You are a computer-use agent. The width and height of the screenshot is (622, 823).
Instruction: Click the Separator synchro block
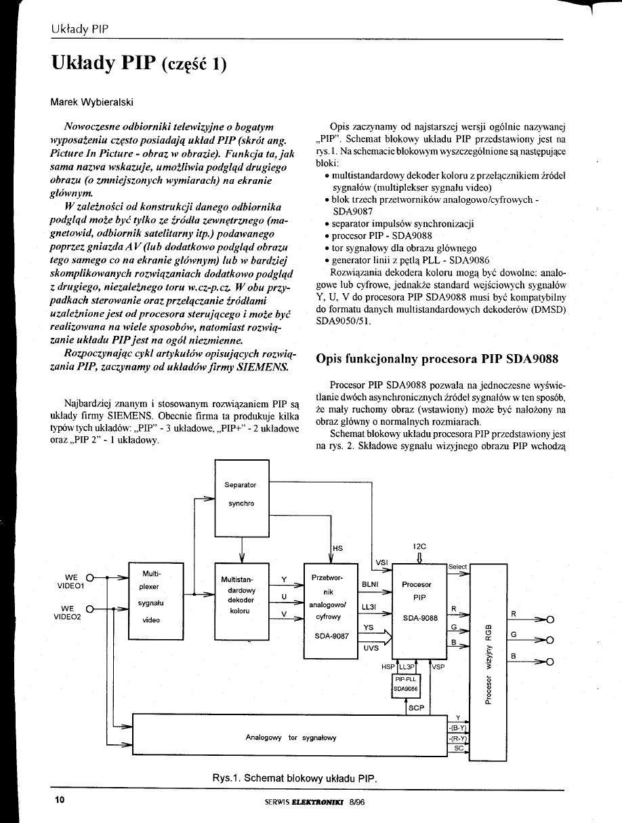[x=241, y=495]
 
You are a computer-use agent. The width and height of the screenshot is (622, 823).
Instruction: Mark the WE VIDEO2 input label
[x=67, y=613]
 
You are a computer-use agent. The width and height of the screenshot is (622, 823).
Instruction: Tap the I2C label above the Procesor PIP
[x=419, y=546]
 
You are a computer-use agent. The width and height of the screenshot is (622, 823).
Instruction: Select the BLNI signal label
[x=370, y=583]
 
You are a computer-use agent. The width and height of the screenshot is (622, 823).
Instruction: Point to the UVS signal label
[x=371, y=648]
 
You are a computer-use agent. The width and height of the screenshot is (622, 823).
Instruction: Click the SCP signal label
[x=416, y=708]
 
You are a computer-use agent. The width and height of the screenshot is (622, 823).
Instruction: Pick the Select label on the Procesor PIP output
[x=458, y=567]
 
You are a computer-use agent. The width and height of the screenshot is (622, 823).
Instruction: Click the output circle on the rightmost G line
[x=550, y=640]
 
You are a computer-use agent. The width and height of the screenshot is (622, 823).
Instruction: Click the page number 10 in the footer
[x=59, y=800]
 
